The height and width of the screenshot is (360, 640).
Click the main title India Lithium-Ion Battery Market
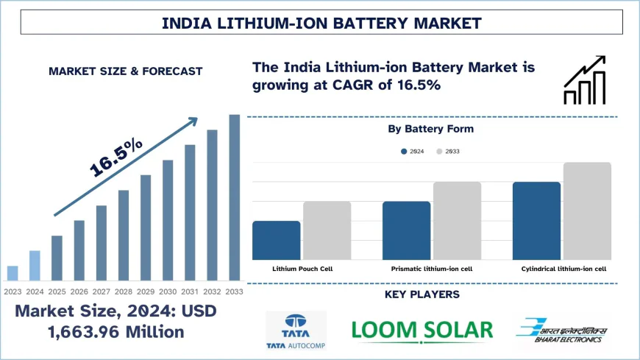click(x=321, y=23)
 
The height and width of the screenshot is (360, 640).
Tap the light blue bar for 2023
click(x=13, y=273)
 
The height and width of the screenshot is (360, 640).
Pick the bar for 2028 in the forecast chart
click(x=124, y=235)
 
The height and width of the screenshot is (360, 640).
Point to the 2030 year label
click(x=168, y=291)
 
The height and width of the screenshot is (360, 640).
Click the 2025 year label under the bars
click(x=57, y=291)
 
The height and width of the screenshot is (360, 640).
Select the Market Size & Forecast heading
click(x=125, y=71)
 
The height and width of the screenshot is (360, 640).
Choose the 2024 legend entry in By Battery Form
click(x=413, y=151)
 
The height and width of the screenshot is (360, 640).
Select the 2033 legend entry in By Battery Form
click(x=448, y=151)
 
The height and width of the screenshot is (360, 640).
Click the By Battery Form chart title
click(x=431, y=129)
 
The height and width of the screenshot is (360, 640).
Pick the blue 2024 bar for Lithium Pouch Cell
click(x=276, y=240)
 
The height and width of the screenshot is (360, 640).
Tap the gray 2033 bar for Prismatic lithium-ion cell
click(x=457, y=220)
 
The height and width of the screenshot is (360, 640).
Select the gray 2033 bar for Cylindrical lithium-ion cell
click(x=587, y=211)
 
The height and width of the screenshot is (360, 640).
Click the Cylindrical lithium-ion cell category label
click(x=563, y=269)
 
